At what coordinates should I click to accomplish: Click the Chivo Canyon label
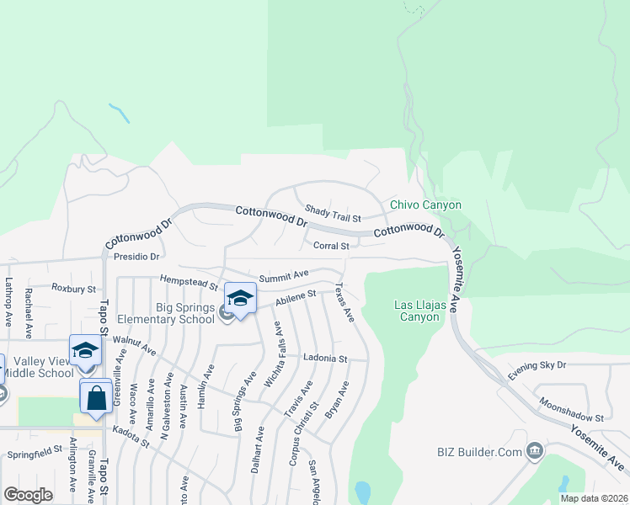425,205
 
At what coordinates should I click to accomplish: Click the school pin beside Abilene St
240,300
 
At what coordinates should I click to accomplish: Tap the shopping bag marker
96,397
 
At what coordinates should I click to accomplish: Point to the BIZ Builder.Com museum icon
533,452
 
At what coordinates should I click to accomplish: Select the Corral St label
331,246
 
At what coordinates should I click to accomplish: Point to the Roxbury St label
73,288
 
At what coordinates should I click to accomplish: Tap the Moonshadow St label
572,411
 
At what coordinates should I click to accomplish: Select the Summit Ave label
284,275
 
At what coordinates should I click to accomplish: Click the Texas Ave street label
344,302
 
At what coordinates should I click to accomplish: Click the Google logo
28,494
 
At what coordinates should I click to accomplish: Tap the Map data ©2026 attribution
593,498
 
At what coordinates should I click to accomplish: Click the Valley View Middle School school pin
85,351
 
